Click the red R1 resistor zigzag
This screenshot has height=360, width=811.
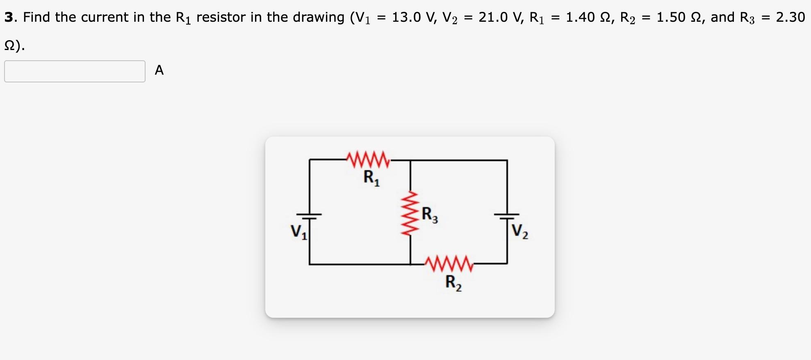[x=368, y=160]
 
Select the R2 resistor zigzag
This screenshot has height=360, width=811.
[x=449, y=264]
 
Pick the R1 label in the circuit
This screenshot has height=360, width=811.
[x=371, y=178]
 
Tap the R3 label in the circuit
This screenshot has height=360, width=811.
[x=429, y=215]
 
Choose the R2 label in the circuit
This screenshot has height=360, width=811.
[x=453, y=283]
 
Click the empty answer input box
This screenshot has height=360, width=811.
[x=75, y=71]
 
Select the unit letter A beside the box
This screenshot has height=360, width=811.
[x=159, y=70]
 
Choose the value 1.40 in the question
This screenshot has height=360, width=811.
[x=580, y=17]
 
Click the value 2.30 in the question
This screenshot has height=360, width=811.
[x=790, y=17]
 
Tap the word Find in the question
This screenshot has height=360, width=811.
[x=37, y=17]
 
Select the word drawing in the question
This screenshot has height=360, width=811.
[x=318, y=17]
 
